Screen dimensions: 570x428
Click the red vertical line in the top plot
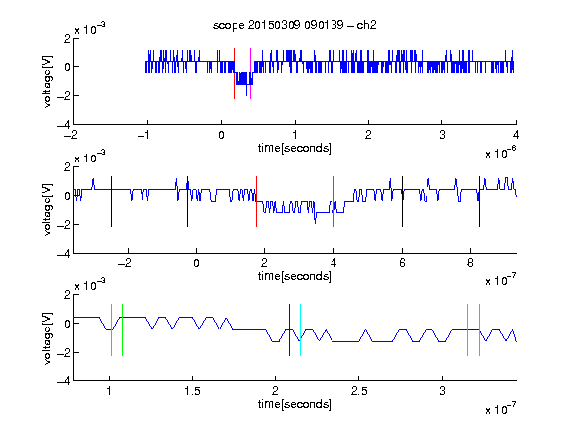[x=234, y=73]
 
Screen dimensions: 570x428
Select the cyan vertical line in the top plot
[x=237, y=73]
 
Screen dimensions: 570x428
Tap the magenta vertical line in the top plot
[x=250, y=73]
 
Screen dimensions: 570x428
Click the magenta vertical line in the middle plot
[x=333, y=202]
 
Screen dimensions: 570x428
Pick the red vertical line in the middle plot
[x=256, y=202]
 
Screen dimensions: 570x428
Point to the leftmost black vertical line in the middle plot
[x=111, y=202]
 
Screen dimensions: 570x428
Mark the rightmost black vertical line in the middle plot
[x=479, y=202]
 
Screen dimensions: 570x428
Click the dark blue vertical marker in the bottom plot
[x=289, y=330]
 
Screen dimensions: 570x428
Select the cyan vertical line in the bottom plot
[x=300, y=330]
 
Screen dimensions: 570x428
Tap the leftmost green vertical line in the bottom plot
[x=111, y=330]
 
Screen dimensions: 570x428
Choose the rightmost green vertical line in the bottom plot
[x=480, y=330]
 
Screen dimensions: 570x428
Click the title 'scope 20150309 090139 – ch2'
[x=295, y=25]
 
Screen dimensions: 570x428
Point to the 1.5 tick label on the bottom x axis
[x=192, y=391]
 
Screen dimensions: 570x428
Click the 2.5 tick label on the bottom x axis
[x=359, y=391]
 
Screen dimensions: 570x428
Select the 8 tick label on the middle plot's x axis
[x=470, y=263]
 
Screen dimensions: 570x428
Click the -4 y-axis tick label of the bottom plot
[x=64, y=381]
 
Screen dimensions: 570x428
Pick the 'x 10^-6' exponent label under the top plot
[x=501, y=152]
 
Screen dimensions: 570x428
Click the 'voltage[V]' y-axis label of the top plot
[x=47, y=81]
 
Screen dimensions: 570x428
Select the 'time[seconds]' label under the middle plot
[x=295, y=277]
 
